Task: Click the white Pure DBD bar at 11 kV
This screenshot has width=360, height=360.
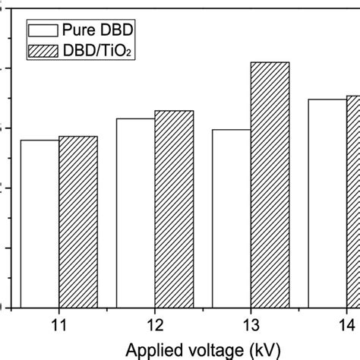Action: [x=39, y=224]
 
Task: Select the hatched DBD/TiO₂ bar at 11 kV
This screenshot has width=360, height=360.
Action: [x=78, y=222]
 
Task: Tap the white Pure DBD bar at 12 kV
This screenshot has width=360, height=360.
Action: [x=135, y=213]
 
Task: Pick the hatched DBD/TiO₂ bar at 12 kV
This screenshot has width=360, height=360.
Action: [x=174, y=209]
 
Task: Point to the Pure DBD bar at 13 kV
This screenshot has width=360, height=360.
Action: [x=231, y=219]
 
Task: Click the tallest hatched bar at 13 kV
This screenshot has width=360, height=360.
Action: [x=270, y=185]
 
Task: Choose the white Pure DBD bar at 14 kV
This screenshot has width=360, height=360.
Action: [x=327, y=204]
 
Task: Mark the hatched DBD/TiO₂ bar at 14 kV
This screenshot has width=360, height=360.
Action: [x=353, y=201]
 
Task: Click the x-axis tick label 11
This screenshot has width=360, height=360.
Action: [x=58, y=324]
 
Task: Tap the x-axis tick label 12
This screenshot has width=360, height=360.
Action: [x=154, y=324]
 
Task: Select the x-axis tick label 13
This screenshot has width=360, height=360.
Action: [x=250, y=324]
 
